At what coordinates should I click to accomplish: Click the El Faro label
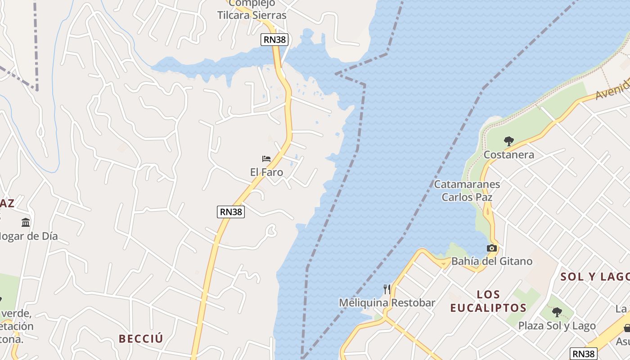tap(266, 172)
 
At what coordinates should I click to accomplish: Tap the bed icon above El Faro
tap(266, 158)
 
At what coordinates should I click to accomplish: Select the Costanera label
tap(508, 155)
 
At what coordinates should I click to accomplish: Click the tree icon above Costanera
tap(508, 141)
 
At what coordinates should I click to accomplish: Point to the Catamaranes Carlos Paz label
tap(467, 191)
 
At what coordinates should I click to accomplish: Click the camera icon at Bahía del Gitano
tap(491, 248)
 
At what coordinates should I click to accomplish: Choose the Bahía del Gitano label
tap(491, 261)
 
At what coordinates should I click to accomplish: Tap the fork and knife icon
tap(387, 289)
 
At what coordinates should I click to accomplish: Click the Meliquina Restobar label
tap(387, 303)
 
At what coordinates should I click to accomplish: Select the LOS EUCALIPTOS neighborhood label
tap(488, 301)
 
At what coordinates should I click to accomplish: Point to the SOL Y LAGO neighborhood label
tap(594, 277)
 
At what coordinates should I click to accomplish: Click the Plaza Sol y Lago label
tap(557, 325)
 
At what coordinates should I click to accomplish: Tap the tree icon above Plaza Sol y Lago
tap(557, 312)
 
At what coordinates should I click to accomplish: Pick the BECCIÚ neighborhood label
tap(141, 339)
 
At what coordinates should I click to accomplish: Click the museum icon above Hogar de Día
tap(26, 222)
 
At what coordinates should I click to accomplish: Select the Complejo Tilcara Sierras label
tap(252, 9)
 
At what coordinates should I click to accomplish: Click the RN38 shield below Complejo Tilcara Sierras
tap(274, 40)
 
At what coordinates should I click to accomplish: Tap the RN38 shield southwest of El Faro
tap(231, 212)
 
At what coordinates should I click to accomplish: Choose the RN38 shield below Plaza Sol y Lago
tap(584, 354)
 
